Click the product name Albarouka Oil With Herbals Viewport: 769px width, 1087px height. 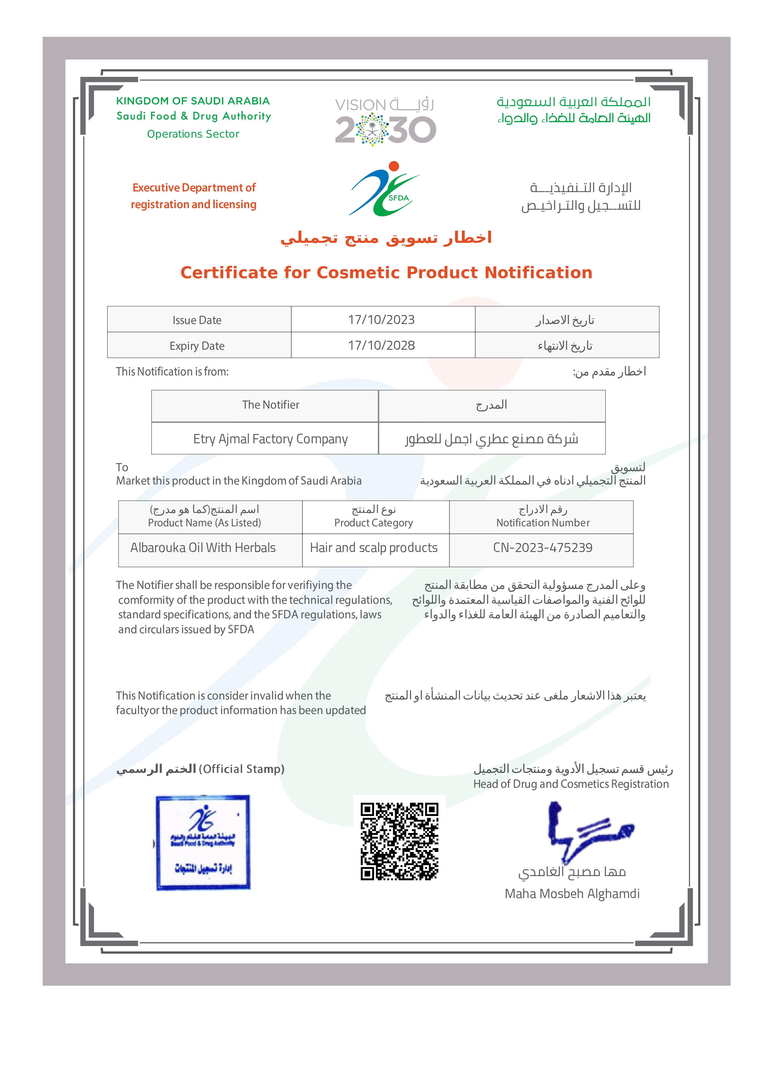click(x=203, y=548)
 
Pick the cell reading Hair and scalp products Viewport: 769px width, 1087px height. click(x=374, y=548)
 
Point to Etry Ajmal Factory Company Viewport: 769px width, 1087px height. click(x=270, y=439)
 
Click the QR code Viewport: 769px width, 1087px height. click(x=399, y=841)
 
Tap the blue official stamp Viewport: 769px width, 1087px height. click(x=203, y=843)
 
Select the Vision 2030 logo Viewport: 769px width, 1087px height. click(x=385, y=122)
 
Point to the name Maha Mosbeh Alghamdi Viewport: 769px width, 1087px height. click(x=572, y=894)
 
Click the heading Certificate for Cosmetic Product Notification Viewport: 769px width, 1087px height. click(x=386, y=273)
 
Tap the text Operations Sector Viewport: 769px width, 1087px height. click(x=193, y=134)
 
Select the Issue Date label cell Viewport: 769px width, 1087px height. click(x=197, y=320)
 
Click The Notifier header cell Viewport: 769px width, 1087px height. click(x=270, y=405)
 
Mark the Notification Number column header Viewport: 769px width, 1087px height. click(x=543, y=523)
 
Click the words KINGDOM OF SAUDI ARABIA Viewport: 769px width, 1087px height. click(x=193, y=101)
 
